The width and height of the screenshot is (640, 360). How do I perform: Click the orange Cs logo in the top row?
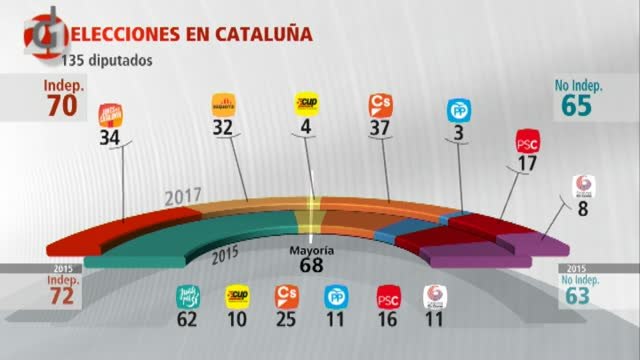click(381, 104)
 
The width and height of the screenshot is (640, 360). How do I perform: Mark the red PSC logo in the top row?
click(528, 141)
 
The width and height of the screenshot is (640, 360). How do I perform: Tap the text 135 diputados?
click(113, 58)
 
